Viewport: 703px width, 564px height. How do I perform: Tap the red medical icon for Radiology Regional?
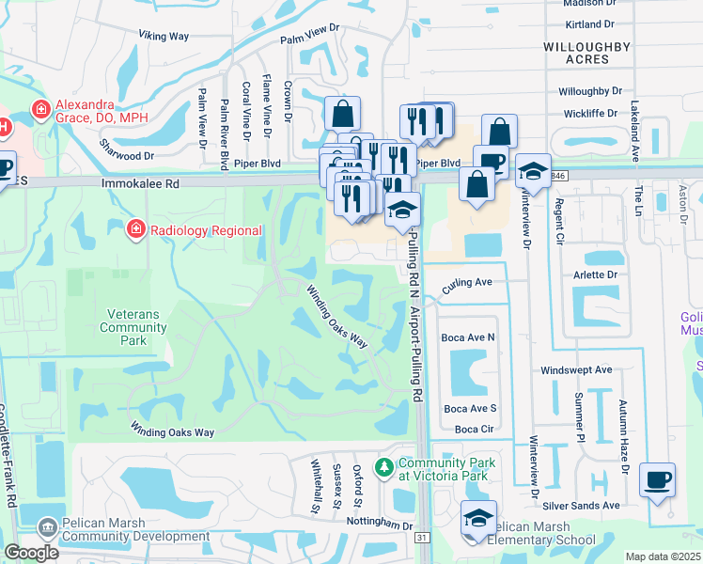[x=136, y=229]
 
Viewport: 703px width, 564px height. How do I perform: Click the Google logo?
[x=31, y=553]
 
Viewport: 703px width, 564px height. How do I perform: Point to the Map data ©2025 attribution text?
[x=663, y=556]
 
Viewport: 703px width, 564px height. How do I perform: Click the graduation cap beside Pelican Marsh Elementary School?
[x=478, y=518]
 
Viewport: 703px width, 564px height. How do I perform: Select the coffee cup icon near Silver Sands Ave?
[x=657, y=479]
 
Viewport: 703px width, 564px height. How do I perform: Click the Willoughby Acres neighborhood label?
[x=576, y=52]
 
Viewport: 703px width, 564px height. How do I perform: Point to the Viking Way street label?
[x=164, y=36]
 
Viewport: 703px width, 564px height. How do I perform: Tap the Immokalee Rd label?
[x=140, y=186]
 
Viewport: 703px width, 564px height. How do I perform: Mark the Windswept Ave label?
[x=576, y=370]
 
